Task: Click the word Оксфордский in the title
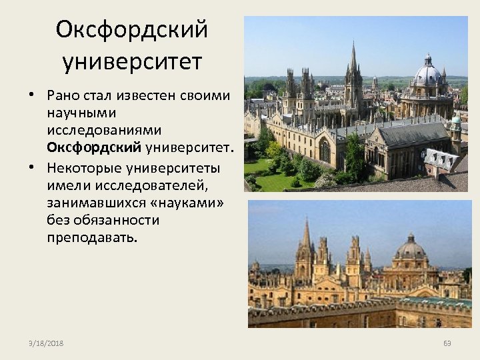pyautogui.click(x=132, y=30)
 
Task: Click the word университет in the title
pyautogui.click(x=132, y=62)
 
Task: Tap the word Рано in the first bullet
pyautogui.click(x=65, y=95)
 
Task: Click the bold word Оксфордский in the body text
pyautogui.click(x=93, y=146)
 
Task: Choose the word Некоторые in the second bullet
pyautogui.click(x=85, y=167)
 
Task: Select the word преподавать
pyautogui.click(x=91, y=237)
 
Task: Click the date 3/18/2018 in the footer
pyautogui.click(x=46, y=343)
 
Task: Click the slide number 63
pyautogui.click(x=447, y=343)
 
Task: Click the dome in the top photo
pyautogui.click(x=427, y=73)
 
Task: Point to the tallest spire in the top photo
pyautogui.click(x=353, y=63)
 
